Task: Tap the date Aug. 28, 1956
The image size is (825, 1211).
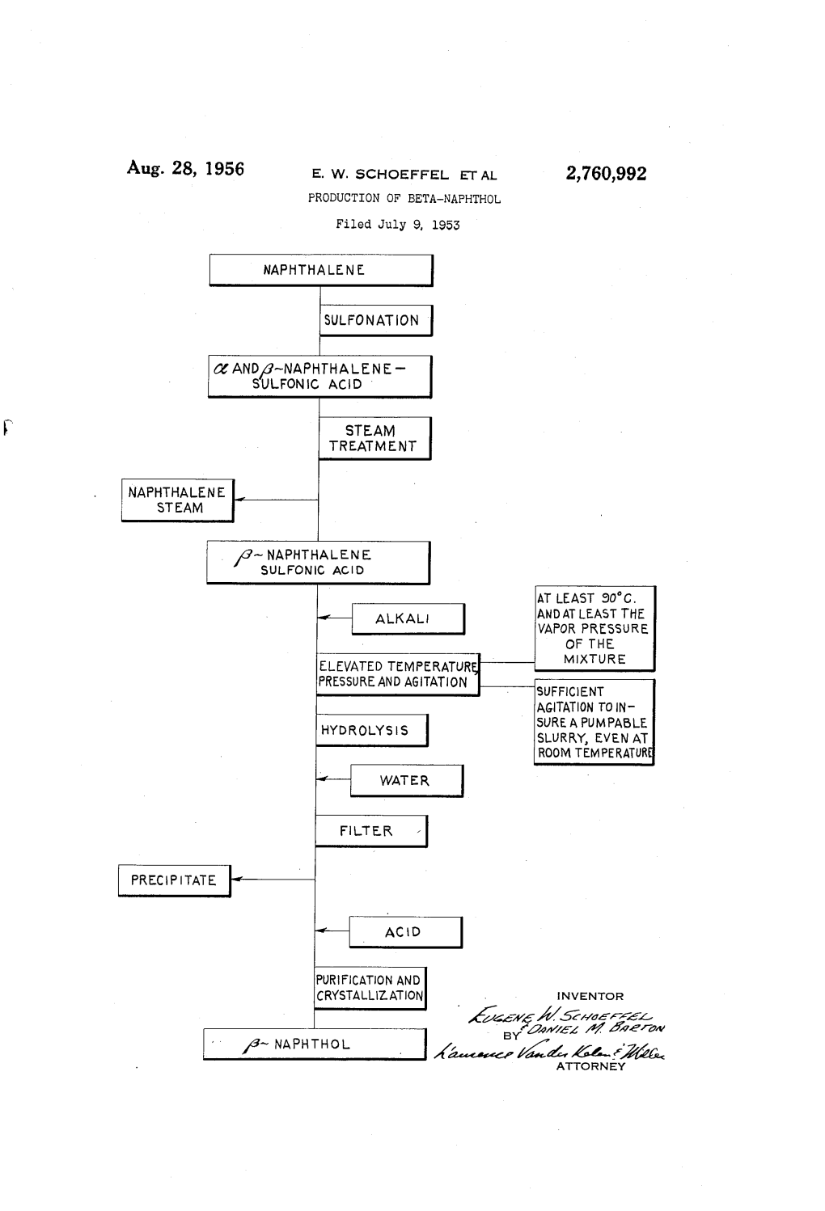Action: tap(185, 169)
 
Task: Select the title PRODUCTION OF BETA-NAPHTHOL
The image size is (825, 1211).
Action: tap(404, 199)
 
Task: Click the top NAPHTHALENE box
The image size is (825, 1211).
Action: tap(320, 270)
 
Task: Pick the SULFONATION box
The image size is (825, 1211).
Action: tap(375, 320)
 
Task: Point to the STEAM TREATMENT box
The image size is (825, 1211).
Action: tap(374, 438)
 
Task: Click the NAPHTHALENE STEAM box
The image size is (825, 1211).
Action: tap(177, 500)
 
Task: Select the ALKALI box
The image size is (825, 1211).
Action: tap(407, 619)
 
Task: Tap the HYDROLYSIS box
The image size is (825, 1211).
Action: tap(370, 730)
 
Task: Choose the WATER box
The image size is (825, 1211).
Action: tap(405, 781)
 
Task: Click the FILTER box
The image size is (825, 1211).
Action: tap(370, 831)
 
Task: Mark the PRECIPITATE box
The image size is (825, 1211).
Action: tap(174, 880)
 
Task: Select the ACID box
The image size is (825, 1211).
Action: tap(404, 932)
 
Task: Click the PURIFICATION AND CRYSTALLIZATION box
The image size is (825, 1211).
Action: tap(370, 988)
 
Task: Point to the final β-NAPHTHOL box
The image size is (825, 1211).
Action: tap(314, 1044)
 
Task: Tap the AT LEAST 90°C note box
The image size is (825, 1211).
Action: tap(594, 629)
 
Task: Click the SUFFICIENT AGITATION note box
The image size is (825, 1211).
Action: tap(594, 722)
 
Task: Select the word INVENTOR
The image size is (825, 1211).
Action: tap(590, 996)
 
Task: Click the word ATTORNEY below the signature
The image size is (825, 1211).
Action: tap(590, 1066)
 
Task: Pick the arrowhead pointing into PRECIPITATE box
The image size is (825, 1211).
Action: tap(236, 880)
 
